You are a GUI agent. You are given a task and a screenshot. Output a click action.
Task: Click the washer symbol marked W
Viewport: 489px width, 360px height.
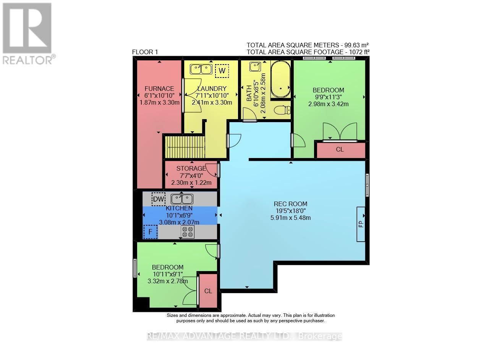click(x=222, y=71)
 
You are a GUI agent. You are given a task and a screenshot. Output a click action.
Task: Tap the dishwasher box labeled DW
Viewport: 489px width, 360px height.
click(x=159, y=199)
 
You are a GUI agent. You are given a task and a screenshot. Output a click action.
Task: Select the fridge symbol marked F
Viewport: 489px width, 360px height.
click(x=151, y=232)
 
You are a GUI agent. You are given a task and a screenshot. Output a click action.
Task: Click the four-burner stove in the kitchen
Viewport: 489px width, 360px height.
click(x=188, y=232)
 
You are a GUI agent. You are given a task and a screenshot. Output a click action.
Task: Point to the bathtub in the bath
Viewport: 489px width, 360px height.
click(x=280, y=79)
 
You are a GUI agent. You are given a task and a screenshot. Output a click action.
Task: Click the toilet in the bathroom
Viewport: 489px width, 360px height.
click(x=282, y=110)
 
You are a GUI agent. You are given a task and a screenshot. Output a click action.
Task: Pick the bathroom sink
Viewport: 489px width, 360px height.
click(x=255, y=66)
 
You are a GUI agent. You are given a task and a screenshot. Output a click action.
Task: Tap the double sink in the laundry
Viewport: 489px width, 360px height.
click(x=201, y=69)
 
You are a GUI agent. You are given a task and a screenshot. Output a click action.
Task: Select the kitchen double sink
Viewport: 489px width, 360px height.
click(x=182, y=199)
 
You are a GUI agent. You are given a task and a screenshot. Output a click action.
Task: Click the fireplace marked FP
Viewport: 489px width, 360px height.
click(x=361, y=224)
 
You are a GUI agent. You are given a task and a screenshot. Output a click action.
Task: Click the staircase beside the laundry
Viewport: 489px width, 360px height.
click(x=185, y=147)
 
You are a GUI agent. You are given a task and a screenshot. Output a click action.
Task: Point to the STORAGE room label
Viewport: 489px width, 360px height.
click(x=191, y=168)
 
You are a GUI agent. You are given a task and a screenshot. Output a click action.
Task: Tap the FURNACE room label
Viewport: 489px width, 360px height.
click(x=159, y=89)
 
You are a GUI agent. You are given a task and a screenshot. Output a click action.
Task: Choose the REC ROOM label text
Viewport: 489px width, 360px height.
click(x=291, y=204)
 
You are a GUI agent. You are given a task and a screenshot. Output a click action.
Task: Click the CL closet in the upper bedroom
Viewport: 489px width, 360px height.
click(x=340, y=149)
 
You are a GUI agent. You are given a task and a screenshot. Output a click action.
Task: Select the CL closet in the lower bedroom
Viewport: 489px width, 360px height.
click(x=208, y=291)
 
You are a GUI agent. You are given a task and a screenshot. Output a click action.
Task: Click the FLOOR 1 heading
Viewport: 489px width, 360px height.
click(x=145, y=52)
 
